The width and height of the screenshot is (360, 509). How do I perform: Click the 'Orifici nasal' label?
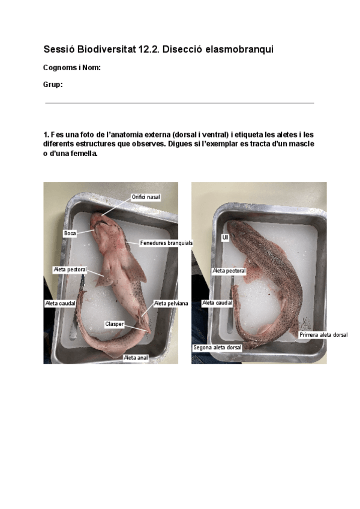(x=146, y=197)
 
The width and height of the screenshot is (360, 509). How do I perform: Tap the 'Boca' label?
(x=70, y=232)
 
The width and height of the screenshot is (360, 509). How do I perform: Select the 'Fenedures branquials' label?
(x=166, y=243)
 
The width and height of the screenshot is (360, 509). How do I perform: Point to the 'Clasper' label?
(x=115, y=324)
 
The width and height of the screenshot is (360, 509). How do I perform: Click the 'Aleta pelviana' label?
(x=171, y=304)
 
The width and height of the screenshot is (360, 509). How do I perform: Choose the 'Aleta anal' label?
(x=136, y=357)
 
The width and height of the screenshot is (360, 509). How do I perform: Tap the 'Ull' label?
(x=225, y=238)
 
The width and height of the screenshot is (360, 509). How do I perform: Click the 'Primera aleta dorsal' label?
(x=323, y=335)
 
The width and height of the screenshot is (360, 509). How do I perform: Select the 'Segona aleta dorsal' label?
(x=217, y=348)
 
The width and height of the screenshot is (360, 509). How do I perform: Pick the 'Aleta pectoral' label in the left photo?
(x=70, y=270)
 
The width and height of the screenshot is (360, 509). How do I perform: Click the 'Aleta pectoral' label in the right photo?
(x=229, y=271)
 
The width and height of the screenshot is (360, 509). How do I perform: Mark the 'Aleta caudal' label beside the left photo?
(x=61, y=304)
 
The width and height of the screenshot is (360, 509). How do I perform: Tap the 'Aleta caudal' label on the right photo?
(x=217, y=304)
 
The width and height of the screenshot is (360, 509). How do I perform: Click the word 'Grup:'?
(x=53, y=85)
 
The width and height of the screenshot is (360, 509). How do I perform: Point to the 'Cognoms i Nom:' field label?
(x=71, y=68)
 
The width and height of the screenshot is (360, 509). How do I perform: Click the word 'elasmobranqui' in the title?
(x=239, y=49)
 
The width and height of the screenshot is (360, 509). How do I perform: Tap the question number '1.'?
(x=46, y=134)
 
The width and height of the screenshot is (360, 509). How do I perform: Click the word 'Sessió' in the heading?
(x=59, y=49)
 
